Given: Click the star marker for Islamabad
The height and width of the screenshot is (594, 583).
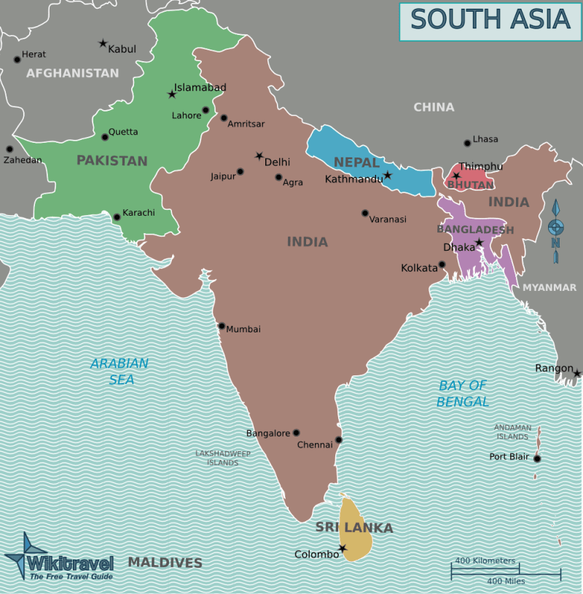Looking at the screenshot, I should (x=172, y=94).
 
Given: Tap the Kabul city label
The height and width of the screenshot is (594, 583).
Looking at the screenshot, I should (x=122, y=49).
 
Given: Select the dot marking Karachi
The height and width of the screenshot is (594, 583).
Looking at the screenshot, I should (x=117, y=216).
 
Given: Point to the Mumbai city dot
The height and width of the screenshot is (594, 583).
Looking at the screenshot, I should (x=222, y=326).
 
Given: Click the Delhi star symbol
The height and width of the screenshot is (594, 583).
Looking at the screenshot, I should (x=259, y=156).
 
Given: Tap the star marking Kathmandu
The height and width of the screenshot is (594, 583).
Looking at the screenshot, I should (x=388, y=175).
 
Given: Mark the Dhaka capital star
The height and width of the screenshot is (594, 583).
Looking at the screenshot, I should (x=479, y=242).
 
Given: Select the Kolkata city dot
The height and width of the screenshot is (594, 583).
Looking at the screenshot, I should (x=442, y=265).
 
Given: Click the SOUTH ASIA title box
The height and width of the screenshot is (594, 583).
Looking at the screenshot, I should (x=489, y=21).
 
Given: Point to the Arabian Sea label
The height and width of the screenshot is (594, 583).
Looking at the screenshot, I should (x=119, y=371).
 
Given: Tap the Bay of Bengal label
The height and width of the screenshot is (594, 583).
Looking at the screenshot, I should (x=463, y=394).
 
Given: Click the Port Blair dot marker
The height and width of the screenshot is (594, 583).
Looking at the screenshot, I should (x=537, y=458).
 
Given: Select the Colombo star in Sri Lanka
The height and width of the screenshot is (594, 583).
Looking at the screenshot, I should (x=342, y=548).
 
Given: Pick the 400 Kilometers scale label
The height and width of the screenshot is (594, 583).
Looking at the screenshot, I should (x=485, y=560).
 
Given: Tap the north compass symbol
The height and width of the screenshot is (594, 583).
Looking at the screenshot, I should (x=556, y=227).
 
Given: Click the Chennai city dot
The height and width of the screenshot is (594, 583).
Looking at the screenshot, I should (x=338, y=440).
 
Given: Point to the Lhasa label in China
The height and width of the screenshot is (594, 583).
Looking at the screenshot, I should (x=485, y=139).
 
